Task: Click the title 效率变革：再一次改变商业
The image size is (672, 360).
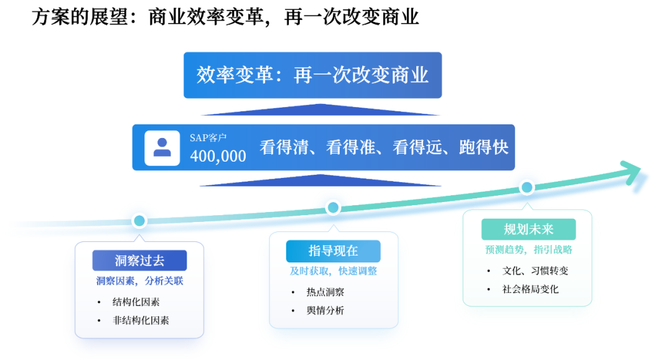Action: point(312,75)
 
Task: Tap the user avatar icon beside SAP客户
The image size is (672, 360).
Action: point(162,147)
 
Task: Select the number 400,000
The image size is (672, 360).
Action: point(218,156)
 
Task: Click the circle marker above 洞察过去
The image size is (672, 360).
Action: point(139,220)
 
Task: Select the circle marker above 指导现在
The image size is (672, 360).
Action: point(333,208)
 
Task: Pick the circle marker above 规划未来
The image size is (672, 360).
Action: point(527,187)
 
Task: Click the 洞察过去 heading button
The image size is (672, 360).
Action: point(139,261)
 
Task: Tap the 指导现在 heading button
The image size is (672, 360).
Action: point(333,251)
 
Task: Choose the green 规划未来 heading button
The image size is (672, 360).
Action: point(528,229)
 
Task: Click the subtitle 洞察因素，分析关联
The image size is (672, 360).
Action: point(139,281)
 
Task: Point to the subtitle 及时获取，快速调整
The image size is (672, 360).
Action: point(333,271)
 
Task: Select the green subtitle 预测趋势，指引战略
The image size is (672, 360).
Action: point(528,250)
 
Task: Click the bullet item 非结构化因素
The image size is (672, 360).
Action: point(141,321)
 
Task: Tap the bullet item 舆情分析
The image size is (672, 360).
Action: point(325,310)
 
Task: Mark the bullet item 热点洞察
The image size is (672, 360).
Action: point(325,292)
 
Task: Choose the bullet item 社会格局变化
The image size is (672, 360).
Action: point(531,289)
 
